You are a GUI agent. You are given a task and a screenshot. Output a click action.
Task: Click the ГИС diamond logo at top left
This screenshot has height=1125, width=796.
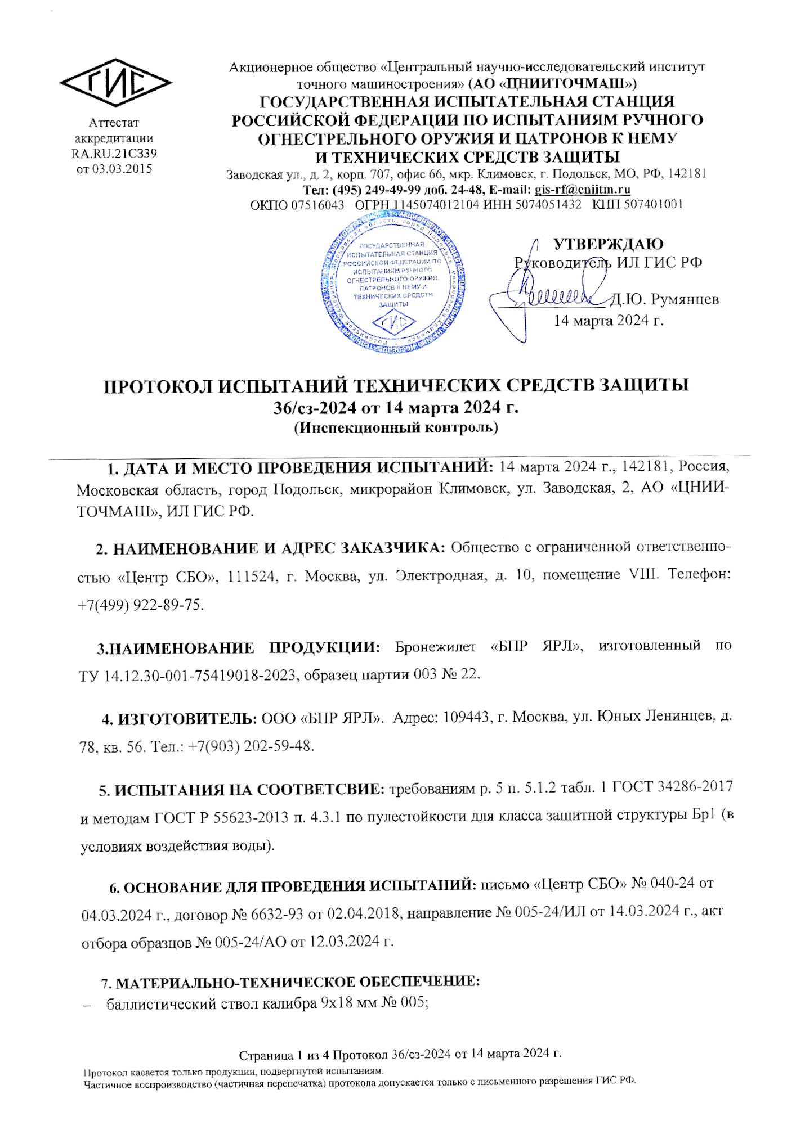pyautogui.click(x=115, y=83)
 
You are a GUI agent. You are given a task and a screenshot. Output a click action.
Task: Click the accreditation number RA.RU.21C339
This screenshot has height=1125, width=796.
pyautogui.click(x=114, y=153)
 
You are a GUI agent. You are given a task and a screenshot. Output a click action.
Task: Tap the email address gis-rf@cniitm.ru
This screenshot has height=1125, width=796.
pyautogui.click(x=582, y=190)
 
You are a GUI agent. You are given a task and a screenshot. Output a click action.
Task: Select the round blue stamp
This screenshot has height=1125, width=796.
pyautogui.click(x=394, y=281)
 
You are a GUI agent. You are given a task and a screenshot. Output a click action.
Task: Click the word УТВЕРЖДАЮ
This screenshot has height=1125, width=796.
pyautogui.click(x=608, y=244)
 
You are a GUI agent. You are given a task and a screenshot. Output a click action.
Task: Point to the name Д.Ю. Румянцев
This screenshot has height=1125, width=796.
pyautogui.click(x=664, y=299)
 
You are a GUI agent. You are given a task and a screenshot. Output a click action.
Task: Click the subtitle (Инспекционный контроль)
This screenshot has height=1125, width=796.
pyautogui.click(x=396, y=427)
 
